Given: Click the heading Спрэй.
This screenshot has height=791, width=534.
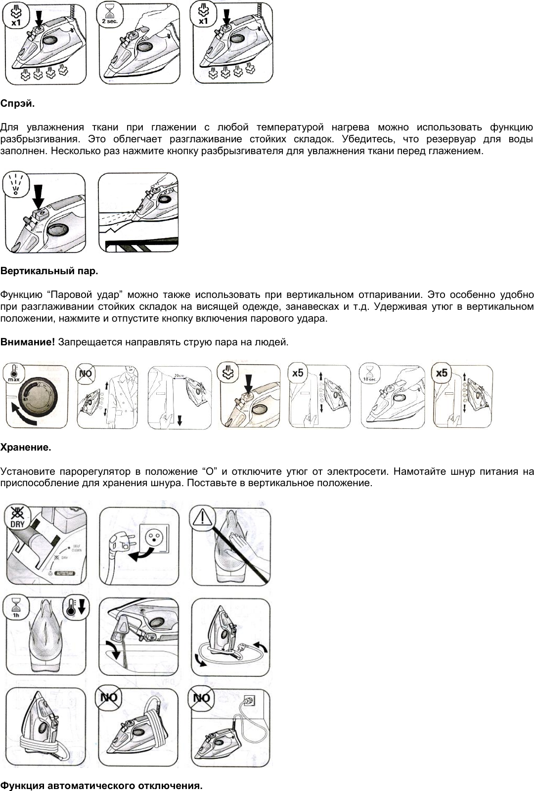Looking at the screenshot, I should click(x=17, y=104).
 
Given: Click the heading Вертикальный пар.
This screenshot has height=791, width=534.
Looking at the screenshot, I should click(x=49, y=271).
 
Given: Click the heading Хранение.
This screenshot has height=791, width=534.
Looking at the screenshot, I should click(x=25, y=448).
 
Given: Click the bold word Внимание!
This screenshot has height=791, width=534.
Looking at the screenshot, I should click(x=28, y=342).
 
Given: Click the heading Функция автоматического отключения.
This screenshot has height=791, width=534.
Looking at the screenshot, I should click(x=101, y=786).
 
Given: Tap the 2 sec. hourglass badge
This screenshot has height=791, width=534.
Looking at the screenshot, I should click(x=109, y=13).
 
